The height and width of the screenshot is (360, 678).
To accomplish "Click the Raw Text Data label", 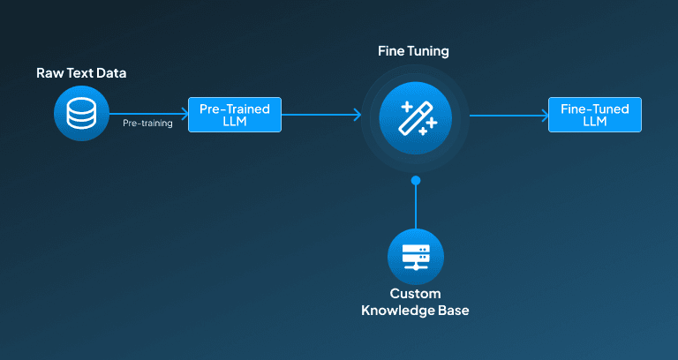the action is click(x=81, y=73).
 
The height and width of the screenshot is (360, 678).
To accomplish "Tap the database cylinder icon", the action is click(x=81, y=113).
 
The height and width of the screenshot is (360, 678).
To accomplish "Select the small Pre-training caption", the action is click(x=147, y=124).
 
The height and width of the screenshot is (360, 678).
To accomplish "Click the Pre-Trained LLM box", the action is click(x=235, y=115).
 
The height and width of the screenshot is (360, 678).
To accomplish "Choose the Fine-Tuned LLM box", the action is click(x=595, y=115).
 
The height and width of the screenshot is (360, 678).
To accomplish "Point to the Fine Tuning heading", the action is click(x=413, y=51).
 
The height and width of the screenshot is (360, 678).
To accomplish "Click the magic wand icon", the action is click(x=416, y=118).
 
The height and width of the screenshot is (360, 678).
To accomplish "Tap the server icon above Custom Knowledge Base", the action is click(x=416, y=257).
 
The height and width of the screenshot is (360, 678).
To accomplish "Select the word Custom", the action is click(x=416, y=294).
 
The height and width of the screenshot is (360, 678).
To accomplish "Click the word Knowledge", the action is click(x=395, y=311).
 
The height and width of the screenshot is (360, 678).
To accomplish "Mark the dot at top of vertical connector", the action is click(x=416, y=180).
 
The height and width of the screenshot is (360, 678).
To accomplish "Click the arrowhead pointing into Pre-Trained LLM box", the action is click(x=185, y=114).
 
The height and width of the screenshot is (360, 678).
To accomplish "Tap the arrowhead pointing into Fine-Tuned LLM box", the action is click(x=546, y=116).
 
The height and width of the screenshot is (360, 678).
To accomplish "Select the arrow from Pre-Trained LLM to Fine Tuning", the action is click(x=321, y=115).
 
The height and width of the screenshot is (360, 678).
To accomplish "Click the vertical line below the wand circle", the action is click(x=416, y=206).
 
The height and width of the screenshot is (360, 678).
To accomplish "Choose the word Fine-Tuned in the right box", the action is click(x=595, y=109).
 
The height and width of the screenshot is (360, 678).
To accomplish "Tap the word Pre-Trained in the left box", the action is click(x=235, y=109).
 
